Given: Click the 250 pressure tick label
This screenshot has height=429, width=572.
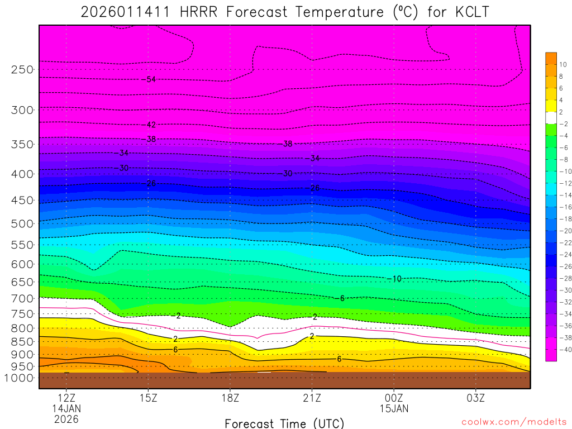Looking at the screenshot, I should click(22, 70).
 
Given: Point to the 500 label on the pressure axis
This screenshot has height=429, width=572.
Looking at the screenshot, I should click(22, 224).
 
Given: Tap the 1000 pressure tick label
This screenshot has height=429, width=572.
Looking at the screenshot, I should click(20, 378).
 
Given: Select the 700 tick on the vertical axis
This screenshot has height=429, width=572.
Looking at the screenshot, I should click(22, 298).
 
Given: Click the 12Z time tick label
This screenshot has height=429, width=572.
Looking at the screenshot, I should click(66, 398).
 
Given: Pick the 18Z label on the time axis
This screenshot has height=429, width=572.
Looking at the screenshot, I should click(230, 398).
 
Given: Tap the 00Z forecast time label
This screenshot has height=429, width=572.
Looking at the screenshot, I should click(394, 398).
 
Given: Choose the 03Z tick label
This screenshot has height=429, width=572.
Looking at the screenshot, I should click(475, 398).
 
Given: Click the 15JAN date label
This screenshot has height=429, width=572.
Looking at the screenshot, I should click(394, 408).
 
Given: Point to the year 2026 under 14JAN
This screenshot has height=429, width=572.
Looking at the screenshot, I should click(66, 419).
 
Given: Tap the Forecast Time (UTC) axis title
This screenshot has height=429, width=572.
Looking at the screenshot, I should click(284, 423).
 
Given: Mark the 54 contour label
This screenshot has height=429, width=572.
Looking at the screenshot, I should click(151, 79).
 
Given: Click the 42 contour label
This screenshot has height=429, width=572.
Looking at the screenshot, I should click(151, 125).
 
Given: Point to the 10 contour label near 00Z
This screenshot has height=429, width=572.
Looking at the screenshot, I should click(396, 279).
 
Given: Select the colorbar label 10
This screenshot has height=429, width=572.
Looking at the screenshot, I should click(562, 64).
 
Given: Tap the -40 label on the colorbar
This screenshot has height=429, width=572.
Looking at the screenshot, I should click(564, 350).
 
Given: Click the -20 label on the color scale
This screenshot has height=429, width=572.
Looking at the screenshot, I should click(564, 231).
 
